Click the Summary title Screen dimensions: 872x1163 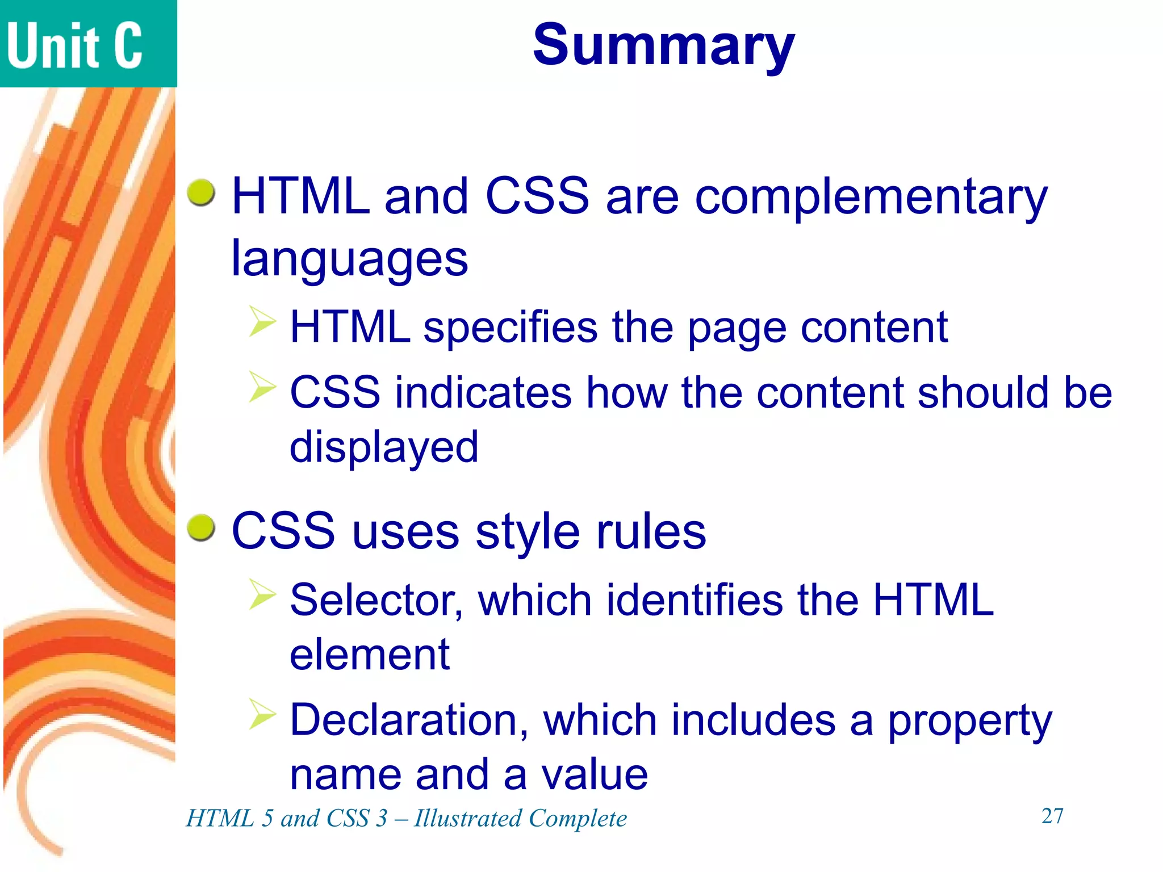coord(663,45)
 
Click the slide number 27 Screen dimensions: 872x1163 coord(1052,816)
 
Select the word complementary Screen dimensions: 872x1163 coord(871,198)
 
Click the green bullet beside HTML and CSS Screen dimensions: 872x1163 coord(201,192)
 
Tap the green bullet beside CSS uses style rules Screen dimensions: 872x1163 coord(201,528)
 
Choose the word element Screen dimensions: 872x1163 coord(370,655)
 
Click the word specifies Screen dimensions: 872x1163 coord(511,328)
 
